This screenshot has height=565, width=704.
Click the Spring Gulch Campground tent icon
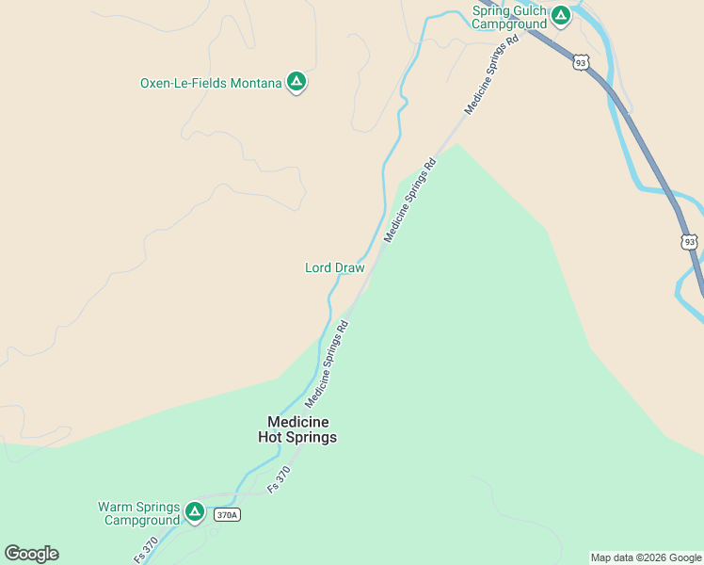tap(561, 15)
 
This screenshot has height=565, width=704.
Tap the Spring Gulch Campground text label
tap(509, 17)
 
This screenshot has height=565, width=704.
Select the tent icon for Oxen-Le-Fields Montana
tap(296, 82)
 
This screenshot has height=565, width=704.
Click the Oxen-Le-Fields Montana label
tap(211, 83)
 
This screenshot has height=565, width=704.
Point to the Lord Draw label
tap(334, 267)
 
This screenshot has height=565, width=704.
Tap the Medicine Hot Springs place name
tap(297, 429)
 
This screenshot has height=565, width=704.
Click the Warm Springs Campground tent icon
tap(194, 512)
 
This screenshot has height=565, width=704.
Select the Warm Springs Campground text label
tap(138, 513)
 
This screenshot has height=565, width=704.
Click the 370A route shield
tap(227, 515)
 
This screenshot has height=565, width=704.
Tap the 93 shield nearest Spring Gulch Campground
tap(581, 62)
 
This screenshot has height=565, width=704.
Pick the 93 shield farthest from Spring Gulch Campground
tap(690, 242)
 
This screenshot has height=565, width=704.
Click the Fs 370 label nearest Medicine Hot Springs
tap(280, 479)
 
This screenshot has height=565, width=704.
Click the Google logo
tap(31, 554)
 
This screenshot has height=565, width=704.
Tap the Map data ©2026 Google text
tap(646, 557)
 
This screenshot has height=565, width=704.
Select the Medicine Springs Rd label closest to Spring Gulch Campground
tap(491, 76)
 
